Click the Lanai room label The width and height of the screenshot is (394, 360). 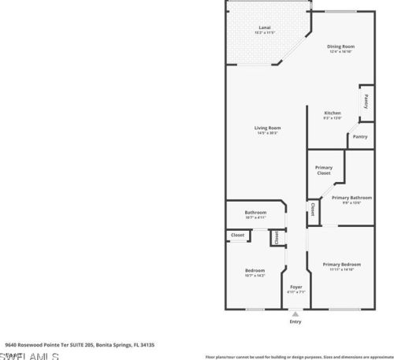pos(265,28)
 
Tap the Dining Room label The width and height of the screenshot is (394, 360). pos(341,46)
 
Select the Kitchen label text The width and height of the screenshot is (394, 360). pos(333,113)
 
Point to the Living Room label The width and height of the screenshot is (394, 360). pos(267,128)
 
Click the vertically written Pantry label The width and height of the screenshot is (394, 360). pos(367,101)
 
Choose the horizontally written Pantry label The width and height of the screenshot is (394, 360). pos(359,137)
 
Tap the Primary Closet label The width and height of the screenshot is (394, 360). pos(324,170)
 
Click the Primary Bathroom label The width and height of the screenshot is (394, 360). pos(351,198)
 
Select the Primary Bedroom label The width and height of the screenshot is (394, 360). pos(341,264)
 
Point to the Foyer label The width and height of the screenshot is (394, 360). pos(295,287)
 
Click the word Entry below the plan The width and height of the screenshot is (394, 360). pos(295,321)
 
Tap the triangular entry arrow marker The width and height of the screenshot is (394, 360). pos(295,313)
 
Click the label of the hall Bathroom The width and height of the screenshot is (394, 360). pos(255,212)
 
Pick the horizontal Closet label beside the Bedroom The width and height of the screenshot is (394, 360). pos(237,235)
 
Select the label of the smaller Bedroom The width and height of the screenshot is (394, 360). pos(255,270)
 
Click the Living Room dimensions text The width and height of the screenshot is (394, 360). pos(267,132)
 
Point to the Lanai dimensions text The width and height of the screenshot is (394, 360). pos(265,33)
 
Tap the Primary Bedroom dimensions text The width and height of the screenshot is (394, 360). pos(341,269)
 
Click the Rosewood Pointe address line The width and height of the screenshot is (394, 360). pos(79,344)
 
